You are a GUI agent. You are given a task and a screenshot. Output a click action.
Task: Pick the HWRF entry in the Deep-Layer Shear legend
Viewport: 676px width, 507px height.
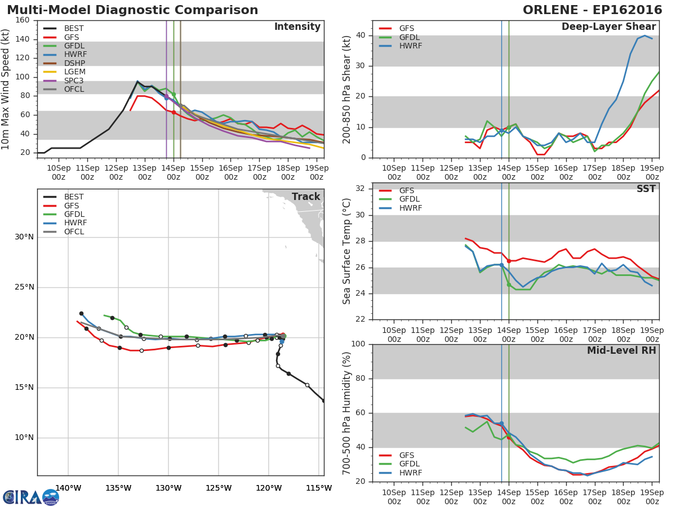(x=410, y=46)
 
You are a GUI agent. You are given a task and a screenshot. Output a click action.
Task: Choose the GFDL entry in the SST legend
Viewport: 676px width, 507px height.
(x=410, y=199)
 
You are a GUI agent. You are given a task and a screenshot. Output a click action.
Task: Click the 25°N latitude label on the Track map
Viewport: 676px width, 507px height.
(x=24, y=287)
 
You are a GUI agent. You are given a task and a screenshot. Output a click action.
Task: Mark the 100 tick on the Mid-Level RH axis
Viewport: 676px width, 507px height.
(x=358, y=344)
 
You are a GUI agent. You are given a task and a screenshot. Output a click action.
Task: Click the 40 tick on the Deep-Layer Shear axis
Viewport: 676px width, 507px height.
(x=361, y=35)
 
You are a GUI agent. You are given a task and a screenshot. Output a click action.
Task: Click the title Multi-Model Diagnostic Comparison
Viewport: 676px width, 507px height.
(x=132, y=10)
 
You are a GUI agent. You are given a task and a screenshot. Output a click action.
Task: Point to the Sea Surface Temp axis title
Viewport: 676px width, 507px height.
(x=347, y=251)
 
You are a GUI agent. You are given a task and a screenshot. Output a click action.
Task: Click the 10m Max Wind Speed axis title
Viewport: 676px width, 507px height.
(x=6, y=86)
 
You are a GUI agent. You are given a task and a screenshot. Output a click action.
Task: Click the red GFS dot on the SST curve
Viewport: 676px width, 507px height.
(x=509, y=261)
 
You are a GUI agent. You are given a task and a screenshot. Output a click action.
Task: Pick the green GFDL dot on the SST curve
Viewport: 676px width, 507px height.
(x=509, y=285)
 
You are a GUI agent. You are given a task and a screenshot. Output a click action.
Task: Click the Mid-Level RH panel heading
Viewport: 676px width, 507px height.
(x=621, y=351)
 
